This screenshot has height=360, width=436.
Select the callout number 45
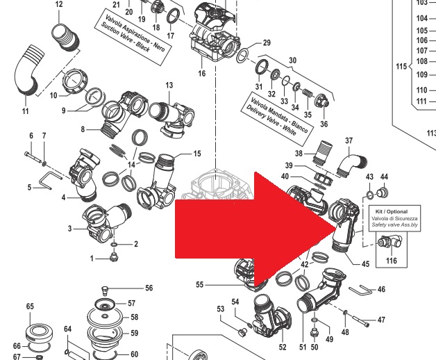coord(366,263)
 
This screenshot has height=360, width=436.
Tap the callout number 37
coord(349,141)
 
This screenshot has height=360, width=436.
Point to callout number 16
coord(202,73)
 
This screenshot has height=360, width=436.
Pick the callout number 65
coord(30,306)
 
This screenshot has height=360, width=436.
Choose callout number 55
coord(200,285)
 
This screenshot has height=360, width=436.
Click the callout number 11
coord(26,111)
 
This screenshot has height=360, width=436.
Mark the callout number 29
coord(266,44)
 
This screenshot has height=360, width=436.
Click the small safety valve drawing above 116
coord(389,240)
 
